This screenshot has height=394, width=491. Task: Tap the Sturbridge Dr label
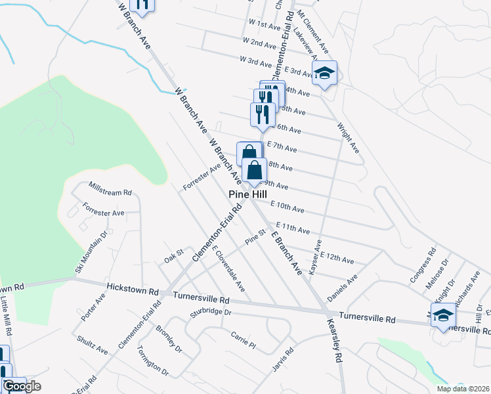tap(212, 313)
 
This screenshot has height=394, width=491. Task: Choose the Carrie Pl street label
tap(242, 339)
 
